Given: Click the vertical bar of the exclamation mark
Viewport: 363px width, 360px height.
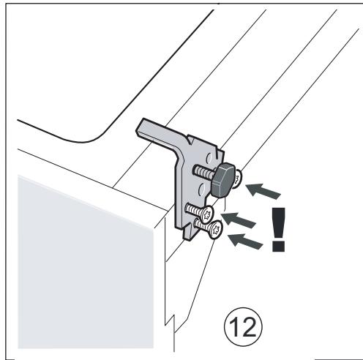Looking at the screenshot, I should pos(277,223).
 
